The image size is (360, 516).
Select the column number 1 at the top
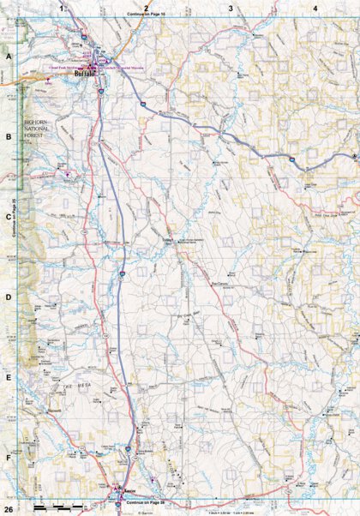(x=61, y=8)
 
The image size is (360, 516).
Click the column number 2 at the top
(x=147, y=8)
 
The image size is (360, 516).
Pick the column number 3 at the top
(x=231, y=8)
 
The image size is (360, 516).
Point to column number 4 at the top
(x=315, y=8)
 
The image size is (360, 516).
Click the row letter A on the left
(x=9, y=54)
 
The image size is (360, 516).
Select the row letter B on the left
(x=9, y=135)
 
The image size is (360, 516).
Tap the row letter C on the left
(x=9, y=217)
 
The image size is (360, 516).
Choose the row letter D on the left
(x=9, y=297)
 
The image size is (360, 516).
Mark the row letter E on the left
(x=9, y=378)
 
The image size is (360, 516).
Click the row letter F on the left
(x=9, y=459)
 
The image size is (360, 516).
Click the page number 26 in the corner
(x=8, y=510)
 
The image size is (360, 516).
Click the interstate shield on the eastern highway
(x=291, y=159)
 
